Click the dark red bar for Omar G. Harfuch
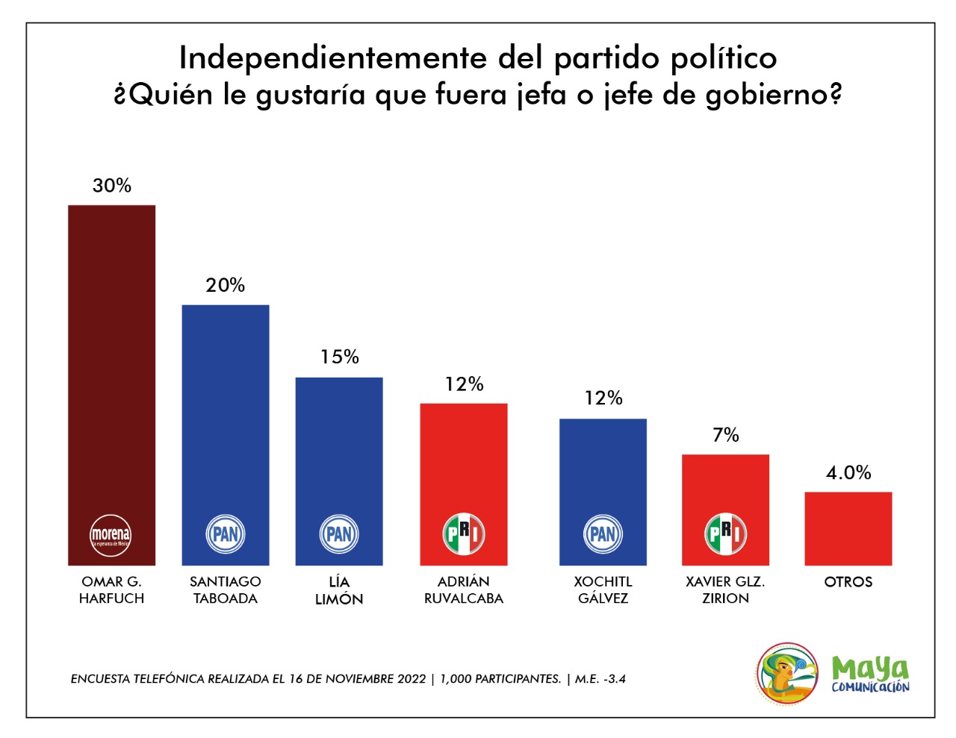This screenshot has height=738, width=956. [x=111, y=358]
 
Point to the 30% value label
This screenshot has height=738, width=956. [x=112, y=186]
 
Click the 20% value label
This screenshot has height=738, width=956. [x=226, y=285]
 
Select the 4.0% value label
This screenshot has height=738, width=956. [x=848, y=472]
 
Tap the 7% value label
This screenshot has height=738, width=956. [x=726, y=435]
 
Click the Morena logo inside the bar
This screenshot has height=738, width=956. [x=111, y=535]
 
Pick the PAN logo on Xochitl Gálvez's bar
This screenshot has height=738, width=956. [x=603, y=534]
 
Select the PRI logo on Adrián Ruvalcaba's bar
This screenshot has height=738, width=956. [x=464, y=534]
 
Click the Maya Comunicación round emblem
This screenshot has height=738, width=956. [x=786, y=674]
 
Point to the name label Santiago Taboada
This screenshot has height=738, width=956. [x=226, y=590]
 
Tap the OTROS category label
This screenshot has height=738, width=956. [x=848, y=582]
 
